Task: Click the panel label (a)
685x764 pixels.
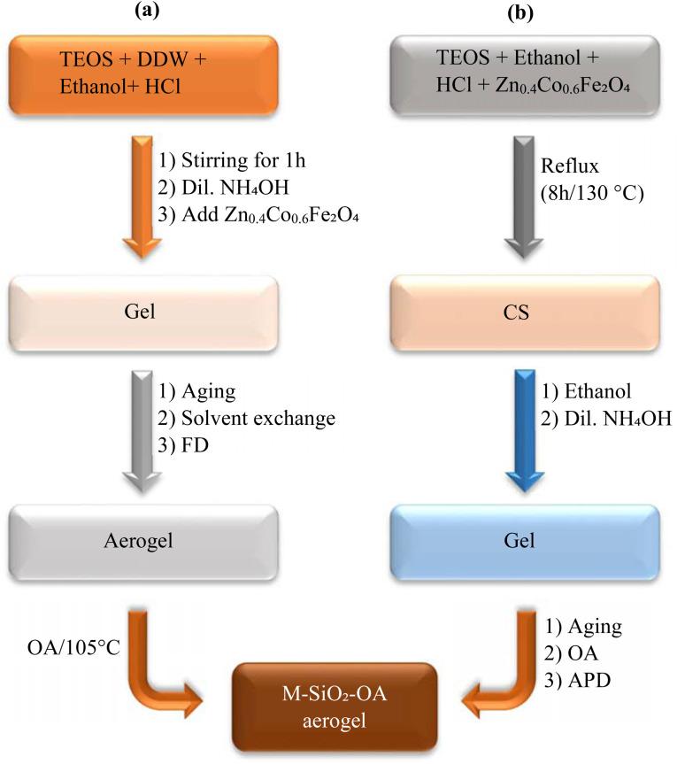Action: point(147,11)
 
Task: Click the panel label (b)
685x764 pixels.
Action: point(520,12)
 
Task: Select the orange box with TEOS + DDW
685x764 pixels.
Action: point(143,74)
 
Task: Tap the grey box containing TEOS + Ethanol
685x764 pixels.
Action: point(525,74)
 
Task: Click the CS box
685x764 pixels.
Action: point(525,313)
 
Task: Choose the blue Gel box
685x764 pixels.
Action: point(525,542)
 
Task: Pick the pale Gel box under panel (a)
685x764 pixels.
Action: point(143,313)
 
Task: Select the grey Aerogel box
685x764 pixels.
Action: point(143,542)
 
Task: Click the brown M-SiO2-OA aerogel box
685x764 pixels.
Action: point(335,707)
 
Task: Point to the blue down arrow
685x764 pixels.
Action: point(524,431)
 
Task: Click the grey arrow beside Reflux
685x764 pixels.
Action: point(524,197)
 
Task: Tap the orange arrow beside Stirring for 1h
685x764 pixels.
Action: point(142,197)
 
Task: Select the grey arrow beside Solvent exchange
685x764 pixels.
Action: point(142,431)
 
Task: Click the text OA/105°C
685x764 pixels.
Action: point(73,647)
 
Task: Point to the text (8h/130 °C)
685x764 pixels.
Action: point(592,194)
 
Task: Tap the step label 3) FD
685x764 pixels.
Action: point(182,444)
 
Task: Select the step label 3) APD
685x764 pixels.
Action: point(577,680)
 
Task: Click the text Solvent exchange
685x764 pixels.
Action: point(258,418)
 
